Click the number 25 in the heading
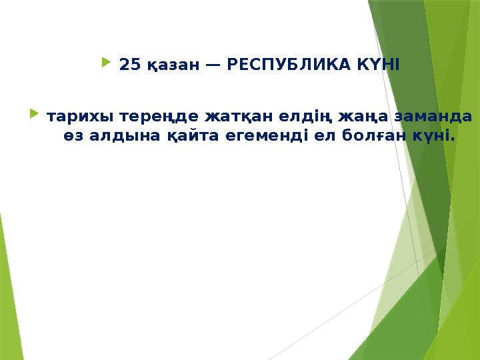coord(129,65)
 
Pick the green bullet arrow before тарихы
coord(34,115)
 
